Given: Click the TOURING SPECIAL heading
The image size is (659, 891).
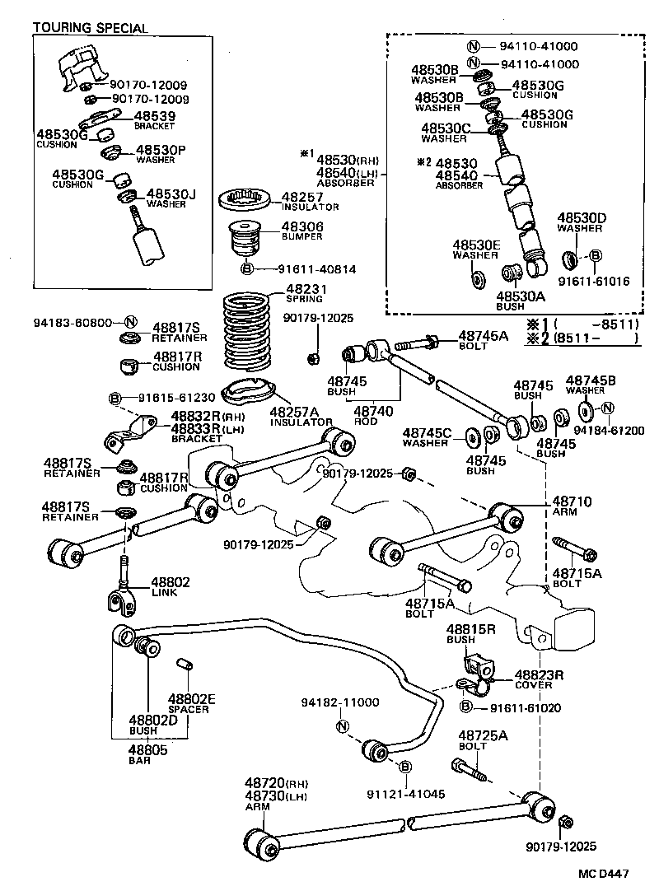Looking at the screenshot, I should [x=91, y=28].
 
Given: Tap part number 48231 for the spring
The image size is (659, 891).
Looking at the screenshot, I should [x=306, y=289].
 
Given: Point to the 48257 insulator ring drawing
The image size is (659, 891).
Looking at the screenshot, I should [x=243, y=199].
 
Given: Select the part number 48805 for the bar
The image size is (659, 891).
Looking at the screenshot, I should [x=148, y=749].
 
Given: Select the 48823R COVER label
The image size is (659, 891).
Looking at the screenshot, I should [x=539, y=679].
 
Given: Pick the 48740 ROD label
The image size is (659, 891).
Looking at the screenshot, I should [x=372, y=415].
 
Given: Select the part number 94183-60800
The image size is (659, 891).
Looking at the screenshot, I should [x=72, y=322].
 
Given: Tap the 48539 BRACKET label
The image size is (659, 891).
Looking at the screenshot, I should [x=155, y=120].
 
